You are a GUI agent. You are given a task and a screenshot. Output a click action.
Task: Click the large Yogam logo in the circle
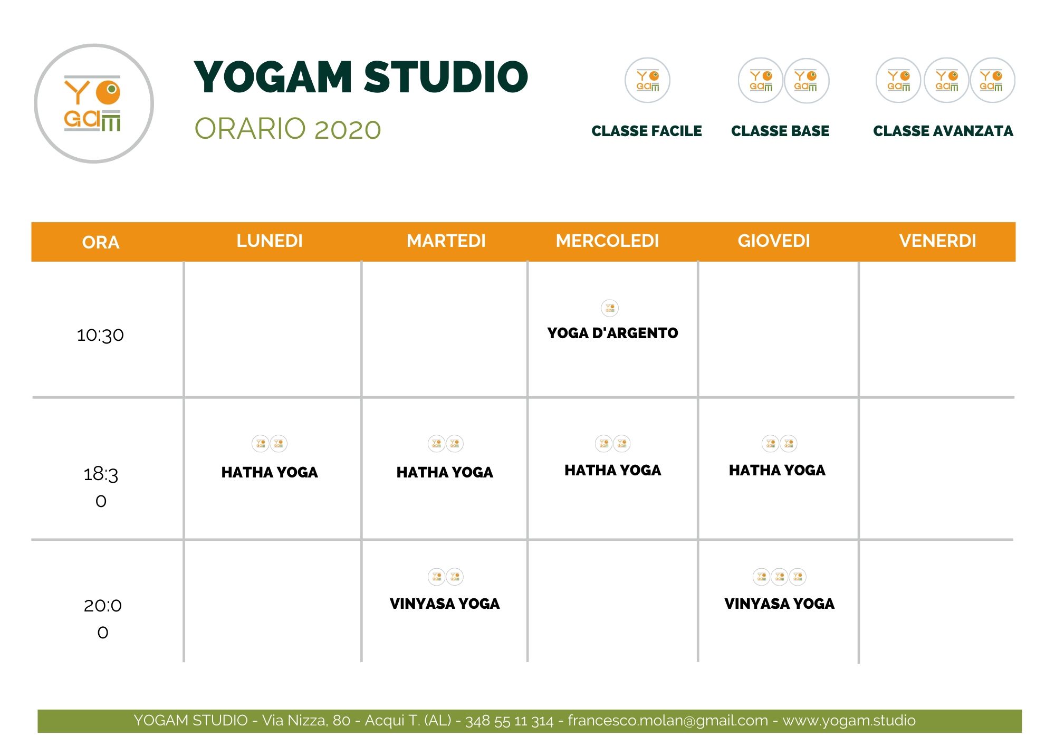(x=93, y=103)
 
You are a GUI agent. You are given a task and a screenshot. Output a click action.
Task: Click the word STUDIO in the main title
(x=446, y=77)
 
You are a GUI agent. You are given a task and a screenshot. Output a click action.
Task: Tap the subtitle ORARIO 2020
(x=287, y=129)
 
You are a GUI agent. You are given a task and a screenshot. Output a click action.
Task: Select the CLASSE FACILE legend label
(x=646, y=131)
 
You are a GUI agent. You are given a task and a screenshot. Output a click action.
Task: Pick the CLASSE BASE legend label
(x=780, y=131)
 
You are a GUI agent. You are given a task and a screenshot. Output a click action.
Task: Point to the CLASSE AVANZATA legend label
(x=943, y=131)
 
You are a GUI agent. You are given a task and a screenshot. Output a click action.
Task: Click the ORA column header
(x=101, y=242)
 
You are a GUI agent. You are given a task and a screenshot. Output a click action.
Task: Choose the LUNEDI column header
(x=270, y=241)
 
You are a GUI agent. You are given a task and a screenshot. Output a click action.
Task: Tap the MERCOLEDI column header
(x=607, y=241)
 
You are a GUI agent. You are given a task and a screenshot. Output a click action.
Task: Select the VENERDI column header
(x=937, y=241)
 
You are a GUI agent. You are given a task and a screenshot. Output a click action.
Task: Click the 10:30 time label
(x=100, y=335)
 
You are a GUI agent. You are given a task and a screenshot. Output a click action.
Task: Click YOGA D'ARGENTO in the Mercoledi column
(x=612, y=333)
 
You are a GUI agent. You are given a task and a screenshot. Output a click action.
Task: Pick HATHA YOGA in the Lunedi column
(x=270, y=472)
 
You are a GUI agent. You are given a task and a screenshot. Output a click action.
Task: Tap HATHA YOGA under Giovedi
(x=777, y=470)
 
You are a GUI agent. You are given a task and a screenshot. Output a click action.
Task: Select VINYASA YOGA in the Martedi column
(x=445, y=604)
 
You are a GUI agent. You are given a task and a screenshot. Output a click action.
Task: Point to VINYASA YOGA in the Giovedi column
(x=779, y=604)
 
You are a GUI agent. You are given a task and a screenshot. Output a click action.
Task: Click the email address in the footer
(x=667, y=721)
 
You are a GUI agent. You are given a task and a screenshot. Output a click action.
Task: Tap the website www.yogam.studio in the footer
(x=849, y=721)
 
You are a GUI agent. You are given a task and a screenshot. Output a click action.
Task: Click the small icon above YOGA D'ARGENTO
(x=610, y=308)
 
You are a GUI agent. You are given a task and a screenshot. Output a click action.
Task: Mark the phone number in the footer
(x=509, y=721)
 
